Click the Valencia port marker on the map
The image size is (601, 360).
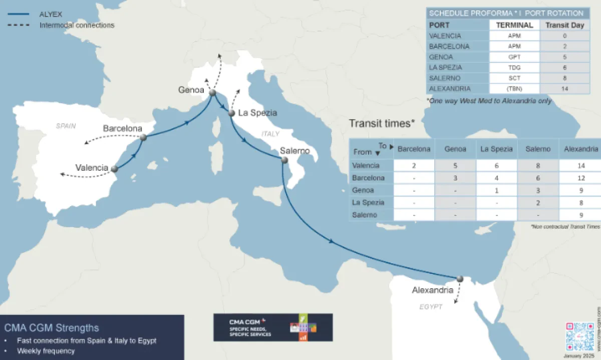tap(115, 169)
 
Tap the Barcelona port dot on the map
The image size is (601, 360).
tap(143, 137)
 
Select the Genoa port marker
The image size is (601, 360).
tap(212, 93)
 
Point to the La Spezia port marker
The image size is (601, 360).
tap(231, 113)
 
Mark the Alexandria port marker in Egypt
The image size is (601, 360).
tap(460, 278)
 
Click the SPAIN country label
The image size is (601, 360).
tap(66, 126)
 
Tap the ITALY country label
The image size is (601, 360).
tap(270, 134)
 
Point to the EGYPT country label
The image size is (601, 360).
tap(431, 306)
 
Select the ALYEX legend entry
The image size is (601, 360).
tap(50, 14)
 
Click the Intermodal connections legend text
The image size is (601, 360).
tap(77, 25)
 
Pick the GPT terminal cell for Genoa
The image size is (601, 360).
tap(514, 57)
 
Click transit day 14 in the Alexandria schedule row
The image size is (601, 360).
tap(564, 89)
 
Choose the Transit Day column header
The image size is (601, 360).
tap(564, 25)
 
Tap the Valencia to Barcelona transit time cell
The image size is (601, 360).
tap(414, 165)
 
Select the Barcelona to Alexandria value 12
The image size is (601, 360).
tap(580, 178)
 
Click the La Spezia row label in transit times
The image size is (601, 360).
tap(368, 202)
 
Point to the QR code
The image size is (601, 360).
tap(580, 336)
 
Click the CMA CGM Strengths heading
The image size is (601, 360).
tap(52, 328)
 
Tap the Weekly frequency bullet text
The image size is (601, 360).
tap(46, 350)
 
